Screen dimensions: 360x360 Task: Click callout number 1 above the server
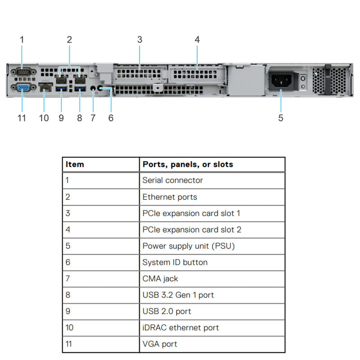(x=22, y=40)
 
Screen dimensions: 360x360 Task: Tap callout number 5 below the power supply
(x=281, y=118)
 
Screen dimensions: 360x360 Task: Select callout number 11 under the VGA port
(x=22, y=118)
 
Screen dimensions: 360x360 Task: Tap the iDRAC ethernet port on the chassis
(x=45, y=89)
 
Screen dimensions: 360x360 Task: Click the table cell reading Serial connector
(x=173, y=180)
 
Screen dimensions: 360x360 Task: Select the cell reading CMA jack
(x=160, y=279)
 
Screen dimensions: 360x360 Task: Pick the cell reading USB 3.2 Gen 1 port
(x=178, y=295)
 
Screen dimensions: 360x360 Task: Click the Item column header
(x=75, y=164)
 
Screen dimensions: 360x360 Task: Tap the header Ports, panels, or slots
(x=188, y=164)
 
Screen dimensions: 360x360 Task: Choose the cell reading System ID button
(x=175, y=262)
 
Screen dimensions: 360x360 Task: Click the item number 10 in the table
(x=69, y=328)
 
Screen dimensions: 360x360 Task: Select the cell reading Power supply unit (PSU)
(x=189, y=246)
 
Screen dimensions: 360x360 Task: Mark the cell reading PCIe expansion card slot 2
(x=192, y=229)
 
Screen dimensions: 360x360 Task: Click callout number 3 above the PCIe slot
(x=139, y=40)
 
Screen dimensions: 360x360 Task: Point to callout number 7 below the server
(x=93, y=118)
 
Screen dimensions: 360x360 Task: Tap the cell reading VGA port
(x=160, y=344)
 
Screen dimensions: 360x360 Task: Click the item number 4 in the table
(x=68, y=229)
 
